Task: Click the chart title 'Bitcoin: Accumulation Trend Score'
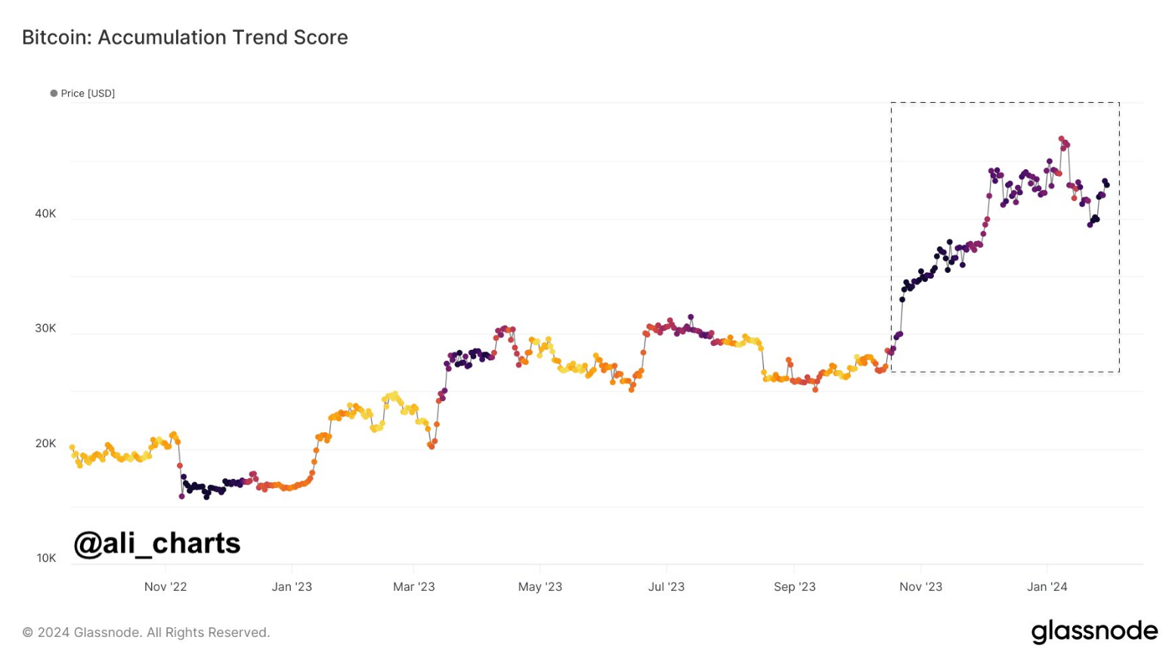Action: tap(185, 38)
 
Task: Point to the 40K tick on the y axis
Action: tap(45, 214)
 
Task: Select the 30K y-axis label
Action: tap(45, 329)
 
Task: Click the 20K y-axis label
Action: tap(45, 443)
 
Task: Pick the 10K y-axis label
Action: tap(45, 558)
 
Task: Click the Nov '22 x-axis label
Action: tap(165, 587)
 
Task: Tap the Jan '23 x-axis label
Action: tap(292, 587)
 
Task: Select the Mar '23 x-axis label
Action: tap(414, 587)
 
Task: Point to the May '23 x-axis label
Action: tap(540, 587)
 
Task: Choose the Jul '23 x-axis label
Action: tap(666, 587)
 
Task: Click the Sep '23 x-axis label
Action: tap(795, 587)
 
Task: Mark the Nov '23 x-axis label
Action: tap(921, 587)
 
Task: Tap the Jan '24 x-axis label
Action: tap(1047, 587)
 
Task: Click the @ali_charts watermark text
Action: tap(157, 543)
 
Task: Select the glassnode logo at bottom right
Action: tap(1094, 631)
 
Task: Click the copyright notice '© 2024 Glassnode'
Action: tap(146, 632)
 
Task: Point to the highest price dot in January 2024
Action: tap(1061, 139)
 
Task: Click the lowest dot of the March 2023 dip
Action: tap(431, 446)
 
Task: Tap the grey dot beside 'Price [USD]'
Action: tap(54, 94)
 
